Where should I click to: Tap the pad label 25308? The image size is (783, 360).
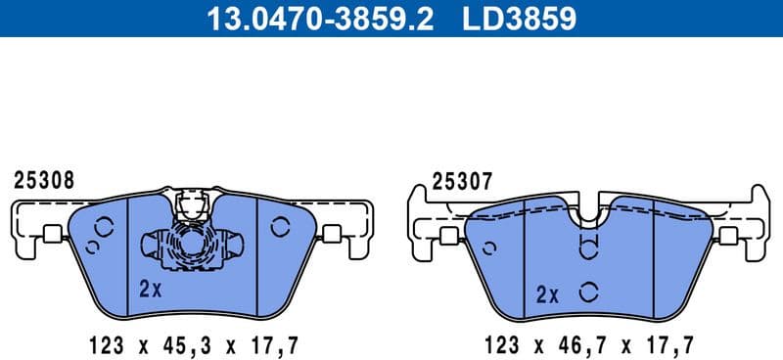pos(43,181)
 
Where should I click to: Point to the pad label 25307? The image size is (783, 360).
pos(462,182)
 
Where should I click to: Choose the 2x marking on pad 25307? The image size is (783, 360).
pos(547,293)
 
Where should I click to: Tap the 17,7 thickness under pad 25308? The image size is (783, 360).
pos(275,343)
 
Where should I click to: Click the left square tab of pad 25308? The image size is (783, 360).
pos(52,234)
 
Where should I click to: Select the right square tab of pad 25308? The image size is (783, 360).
pos(331,234)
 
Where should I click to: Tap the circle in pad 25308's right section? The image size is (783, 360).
pos(279,227)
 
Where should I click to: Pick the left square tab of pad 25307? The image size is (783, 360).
pos(450,236)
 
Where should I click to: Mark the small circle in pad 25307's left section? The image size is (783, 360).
pos(490,247)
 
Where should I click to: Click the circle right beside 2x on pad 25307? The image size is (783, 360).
pos(588,292)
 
